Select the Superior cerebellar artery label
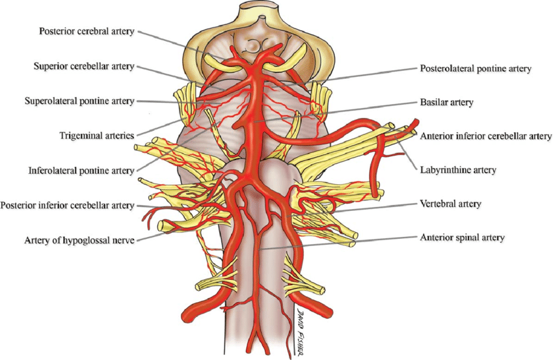[x=84, y=66]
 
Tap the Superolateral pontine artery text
[x=79, y=101]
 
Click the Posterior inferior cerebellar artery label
[x=68, y=206]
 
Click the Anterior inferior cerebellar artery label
[x=486, y=136]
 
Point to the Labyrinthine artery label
[x=457, y=170]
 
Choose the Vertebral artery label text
[x=450, y=204]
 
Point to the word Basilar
[x=433, y=102]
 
